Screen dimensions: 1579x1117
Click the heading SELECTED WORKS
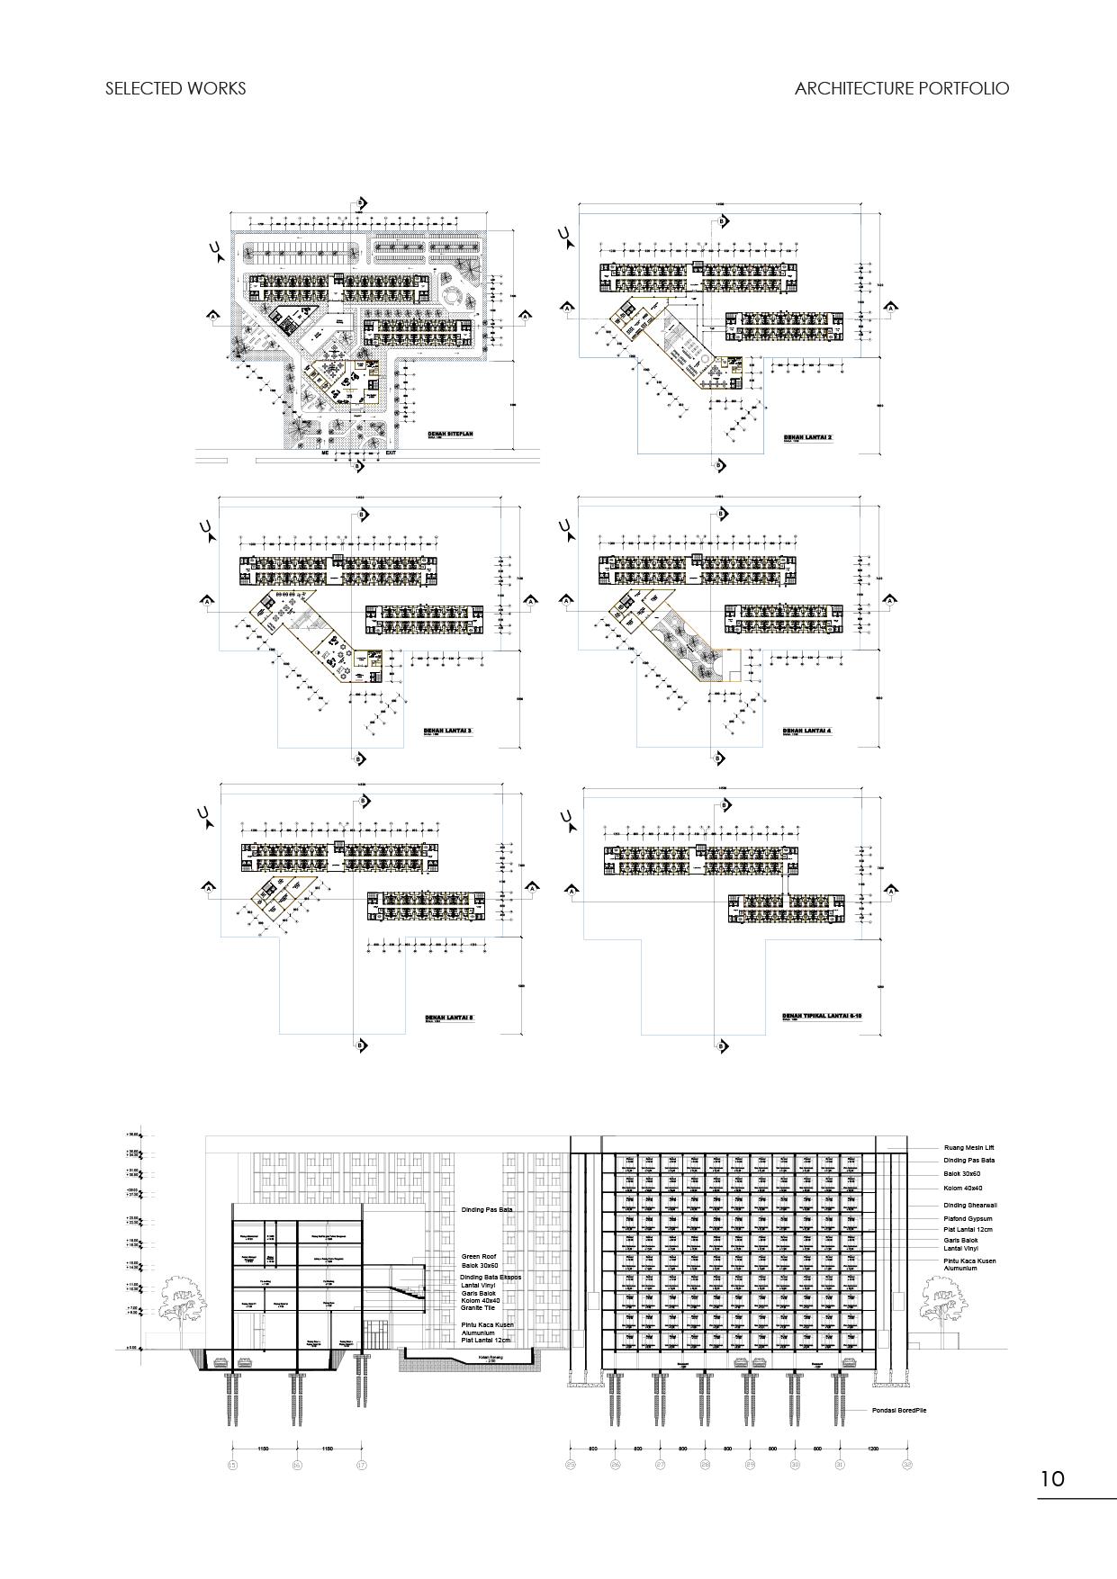pos(176,88)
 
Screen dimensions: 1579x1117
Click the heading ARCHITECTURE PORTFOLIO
pos(902,88)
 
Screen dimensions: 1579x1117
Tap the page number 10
pos(1052,1478)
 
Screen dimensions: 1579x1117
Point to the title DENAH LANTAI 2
pos(808,437)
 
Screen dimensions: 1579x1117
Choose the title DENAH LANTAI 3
pos(447,731)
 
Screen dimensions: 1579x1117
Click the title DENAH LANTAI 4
pos(806,731)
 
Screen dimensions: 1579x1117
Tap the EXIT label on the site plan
pos(391,453)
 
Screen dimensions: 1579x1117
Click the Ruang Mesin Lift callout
pos(968,1148)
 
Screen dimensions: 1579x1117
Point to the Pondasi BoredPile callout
pos(898,1410)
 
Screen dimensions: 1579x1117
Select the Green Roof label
pos(479,1256)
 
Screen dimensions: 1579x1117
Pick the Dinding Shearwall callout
pos(969,1205)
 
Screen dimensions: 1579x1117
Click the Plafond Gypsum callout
pos(968,1219)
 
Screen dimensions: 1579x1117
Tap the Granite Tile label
pos(478,1308)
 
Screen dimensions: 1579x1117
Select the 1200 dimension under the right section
pos(873,1449)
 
